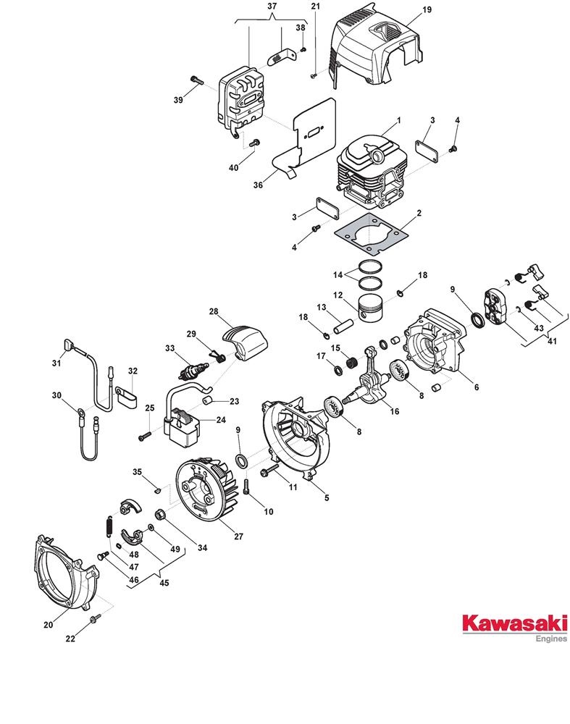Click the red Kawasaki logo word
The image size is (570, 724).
pyautogui.click(x=514, y=623)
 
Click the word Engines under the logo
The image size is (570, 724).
pyautogui.click(x=551, y=639)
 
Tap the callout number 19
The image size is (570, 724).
pyautogui.click(x=427, y=9)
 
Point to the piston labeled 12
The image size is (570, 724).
pyautogui.click(x=370, y=308)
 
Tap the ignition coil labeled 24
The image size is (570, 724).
pyautogui.click(x=183, y=427)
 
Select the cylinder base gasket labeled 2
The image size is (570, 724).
pyautogui.click(x=372, y=234)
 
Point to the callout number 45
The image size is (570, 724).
pyautogui.click(x=164, y=583)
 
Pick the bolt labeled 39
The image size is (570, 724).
pyautogui.click(x=197, y=80)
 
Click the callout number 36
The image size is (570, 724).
pyautogui.click(x=258, y=185)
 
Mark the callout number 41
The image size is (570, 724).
pyautogui.click(x=552, y=341)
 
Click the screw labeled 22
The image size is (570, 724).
pyautogui.click(x=96, y=618)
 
